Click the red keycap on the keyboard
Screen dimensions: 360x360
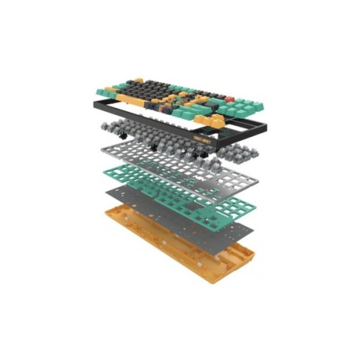click(230, 98)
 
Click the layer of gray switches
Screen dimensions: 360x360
click(180, 140)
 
